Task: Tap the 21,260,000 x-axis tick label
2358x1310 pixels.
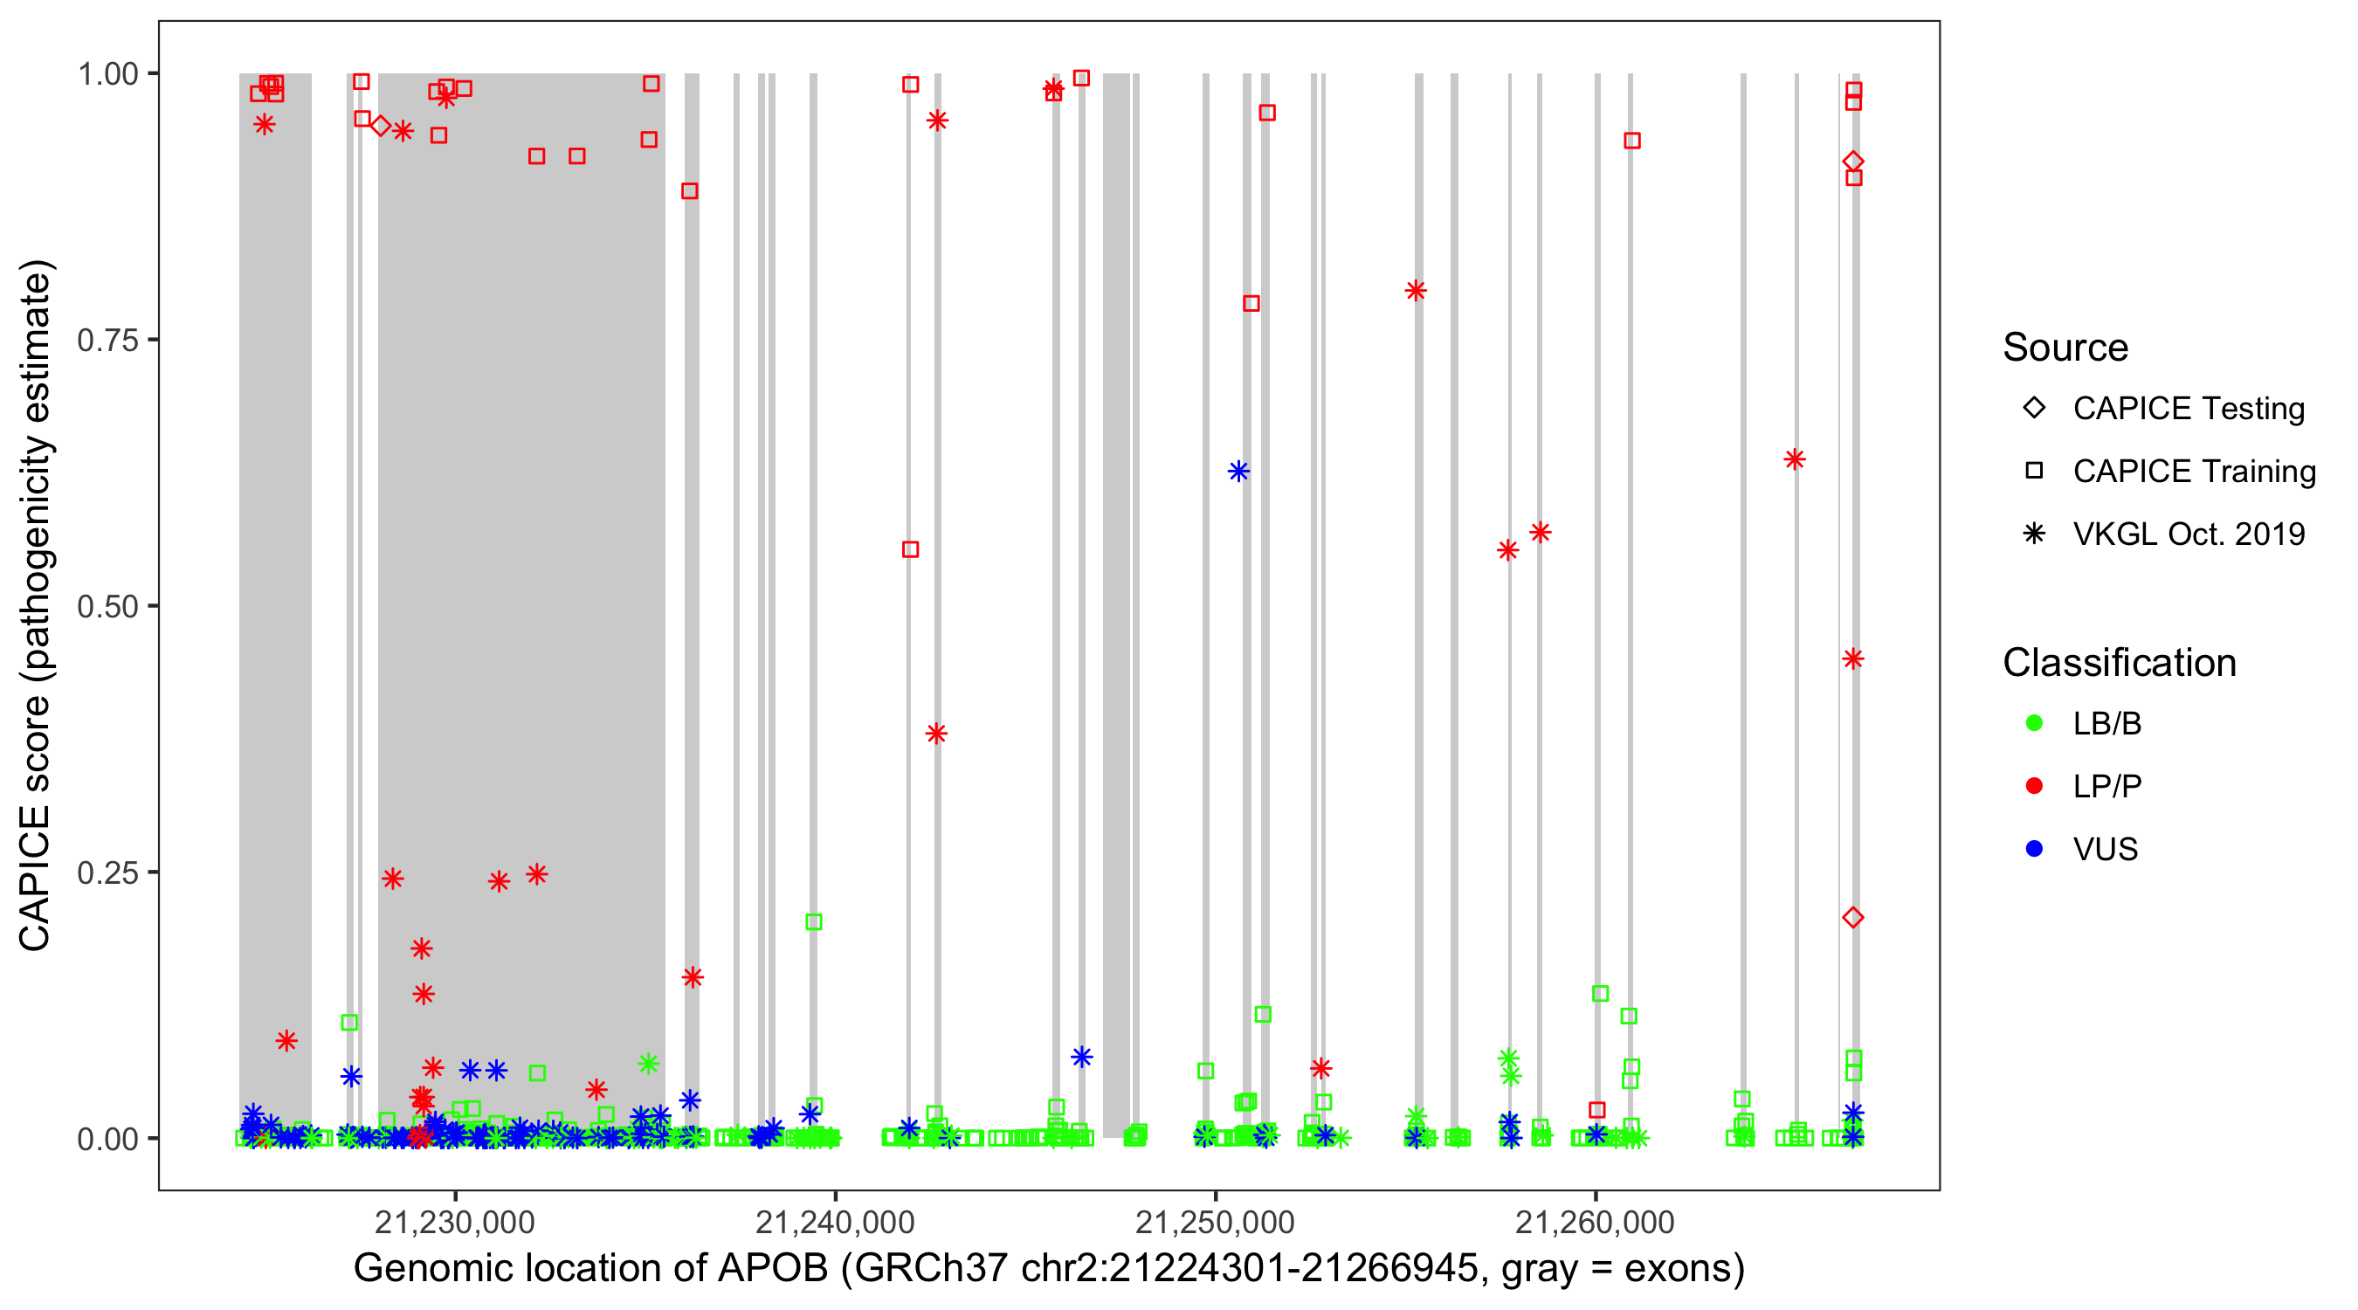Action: [x=1595, y=1222]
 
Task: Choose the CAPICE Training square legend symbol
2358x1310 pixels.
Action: [x=2034, y=472]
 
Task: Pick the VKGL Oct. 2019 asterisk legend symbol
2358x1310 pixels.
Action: [x=2034, y=534]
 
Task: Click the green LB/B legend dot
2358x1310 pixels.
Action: [x=2034, y=724]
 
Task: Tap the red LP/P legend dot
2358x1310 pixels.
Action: [x=2034, y=786]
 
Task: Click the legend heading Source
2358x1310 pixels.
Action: [x=2065, y=348]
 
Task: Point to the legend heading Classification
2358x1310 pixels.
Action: [x=2119, y=663]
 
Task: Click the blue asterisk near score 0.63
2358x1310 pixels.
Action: [x=1238, y=472]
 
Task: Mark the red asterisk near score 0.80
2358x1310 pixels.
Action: [x=1415, y=291]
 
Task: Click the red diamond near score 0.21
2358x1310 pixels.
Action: [x=1852, y=917]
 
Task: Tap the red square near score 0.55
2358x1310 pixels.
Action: [x=910, y=549]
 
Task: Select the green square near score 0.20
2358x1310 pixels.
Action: [x=814, y=922]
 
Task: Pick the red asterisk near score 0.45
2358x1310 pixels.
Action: [x=1852, y=659]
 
